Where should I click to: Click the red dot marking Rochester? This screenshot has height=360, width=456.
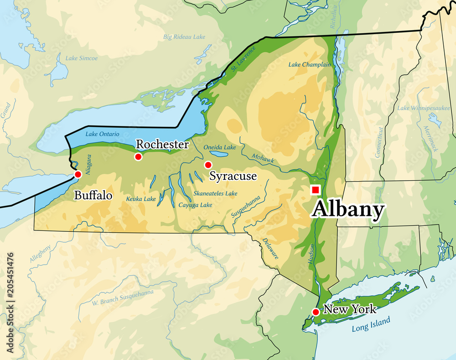[138, 157]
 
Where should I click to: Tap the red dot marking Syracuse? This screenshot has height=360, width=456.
[208, 165]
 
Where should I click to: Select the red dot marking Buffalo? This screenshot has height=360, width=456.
[78, 174]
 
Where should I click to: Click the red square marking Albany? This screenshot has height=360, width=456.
[315, 189]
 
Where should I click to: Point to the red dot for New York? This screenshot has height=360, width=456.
[316, 312]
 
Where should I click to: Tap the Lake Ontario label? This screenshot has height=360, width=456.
[102, 134]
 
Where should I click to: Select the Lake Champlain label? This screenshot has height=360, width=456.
[310, 65]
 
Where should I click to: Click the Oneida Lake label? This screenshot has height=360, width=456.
[219, 147]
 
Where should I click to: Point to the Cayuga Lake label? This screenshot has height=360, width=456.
[195, 205]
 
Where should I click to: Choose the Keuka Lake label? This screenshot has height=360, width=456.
[141, 199]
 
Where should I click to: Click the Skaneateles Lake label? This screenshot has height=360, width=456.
[215, 193]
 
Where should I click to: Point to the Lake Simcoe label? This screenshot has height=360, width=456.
[82, 58]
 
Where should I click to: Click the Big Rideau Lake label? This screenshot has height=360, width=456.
[184, 37]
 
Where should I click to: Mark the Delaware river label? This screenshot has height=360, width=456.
[270, 249]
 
